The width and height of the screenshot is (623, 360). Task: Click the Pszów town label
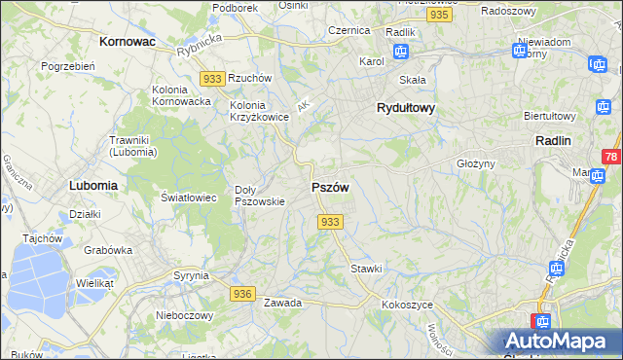coord(329,186)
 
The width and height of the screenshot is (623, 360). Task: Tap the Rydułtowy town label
coord(405,109)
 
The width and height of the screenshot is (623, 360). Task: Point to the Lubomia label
coord(93,184)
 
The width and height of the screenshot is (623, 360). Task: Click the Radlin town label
coord(552,140)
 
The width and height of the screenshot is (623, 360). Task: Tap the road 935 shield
coord(439,16)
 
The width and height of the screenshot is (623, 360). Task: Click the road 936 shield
coord(243,293)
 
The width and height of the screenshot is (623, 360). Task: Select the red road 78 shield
coord(611,157)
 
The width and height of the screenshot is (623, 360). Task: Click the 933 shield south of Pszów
coord(330,223)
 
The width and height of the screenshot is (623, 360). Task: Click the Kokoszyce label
coord(407,305)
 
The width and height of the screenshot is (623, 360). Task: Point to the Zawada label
coord(282,303)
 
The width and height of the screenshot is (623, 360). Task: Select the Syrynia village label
coord(191,275)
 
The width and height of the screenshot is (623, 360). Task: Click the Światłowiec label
coord(186,197)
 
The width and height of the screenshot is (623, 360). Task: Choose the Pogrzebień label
coord(67,66)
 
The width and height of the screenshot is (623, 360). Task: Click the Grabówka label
coord(107,249)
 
